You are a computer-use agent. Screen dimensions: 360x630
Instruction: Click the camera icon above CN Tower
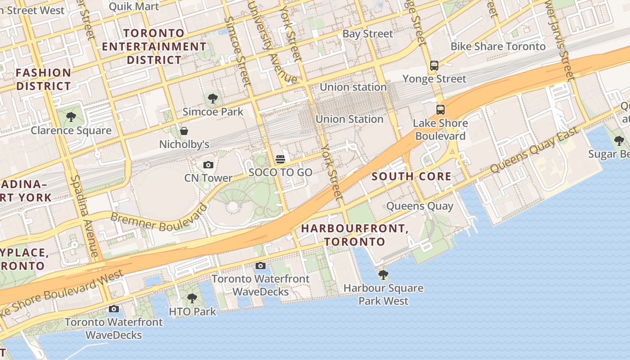coord(208,165)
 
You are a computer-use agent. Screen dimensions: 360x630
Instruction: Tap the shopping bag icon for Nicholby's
coord(184,131)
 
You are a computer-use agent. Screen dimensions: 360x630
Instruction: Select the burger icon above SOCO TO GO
coord(280,159)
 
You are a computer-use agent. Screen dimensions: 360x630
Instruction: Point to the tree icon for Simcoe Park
coord(212,99)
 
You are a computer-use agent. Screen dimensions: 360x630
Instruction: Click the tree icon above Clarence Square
coord(71,117)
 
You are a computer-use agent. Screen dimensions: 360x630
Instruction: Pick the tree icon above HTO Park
coord(192,298)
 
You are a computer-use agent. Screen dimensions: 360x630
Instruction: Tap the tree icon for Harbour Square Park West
coord(383,274)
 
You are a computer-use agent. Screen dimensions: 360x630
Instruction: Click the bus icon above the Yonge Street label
coord(434,66)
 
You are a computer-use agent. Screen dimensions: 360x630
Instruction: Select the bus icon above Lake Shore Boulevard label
coord(440,109)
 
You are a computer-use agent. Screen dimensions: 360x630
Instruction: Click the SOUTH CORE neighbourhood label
coord(411,176)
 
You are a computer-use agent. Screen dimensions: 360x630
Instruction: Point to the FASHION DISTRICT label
coord(44,79)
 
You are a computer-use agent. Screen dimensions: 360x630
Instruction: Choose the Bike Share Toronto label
coord(498,46)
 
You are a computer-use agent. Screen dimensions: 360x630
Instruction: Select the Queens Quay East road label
coord(534,150)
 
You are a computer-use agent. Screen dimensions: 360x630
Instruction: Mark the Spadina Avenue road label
coord(84,216)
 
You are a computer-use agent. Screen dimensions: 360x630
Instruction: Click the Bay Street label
coord(368,34)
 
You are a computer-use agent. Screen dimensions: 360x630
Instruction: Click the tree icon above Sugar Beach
coord(619,141)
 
